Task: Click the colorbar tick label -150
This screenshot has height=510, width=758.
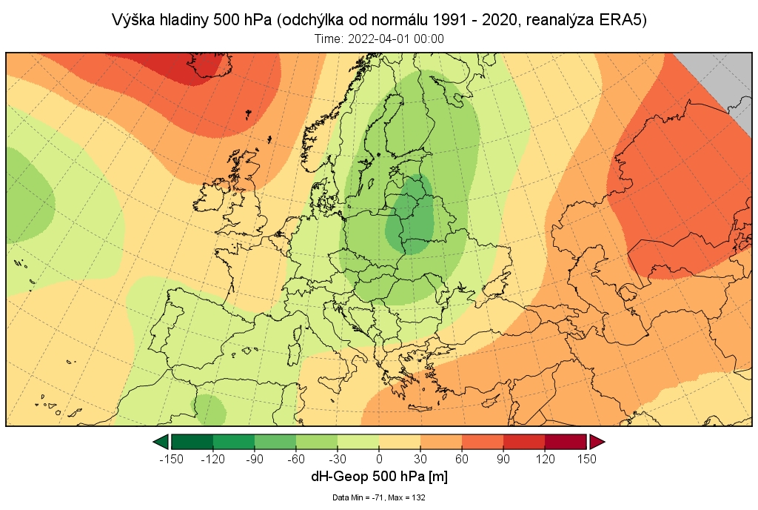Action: [171, 459]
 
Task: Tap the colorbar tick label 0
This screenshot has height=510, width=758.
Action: [379, 459]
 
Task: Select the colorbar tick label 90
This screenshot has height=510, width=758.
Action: [503, 459]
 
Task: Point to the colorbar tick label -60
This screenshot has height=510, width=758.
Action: [295, 459]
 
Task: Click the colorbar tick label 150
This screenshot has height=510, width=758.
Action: [586, 459]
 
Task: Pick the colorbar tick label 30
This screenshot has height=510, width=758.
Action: [420, 459]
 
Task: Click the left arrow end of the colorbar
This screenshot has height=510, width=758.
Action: [161, 443]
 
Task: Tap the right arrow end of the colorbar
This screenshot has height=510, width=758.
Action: [597, 443]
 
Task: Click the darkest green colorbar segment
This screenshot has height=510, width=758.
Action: [192, 443]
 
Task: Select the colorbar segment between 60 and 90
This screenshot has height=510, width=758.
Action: [483, 443]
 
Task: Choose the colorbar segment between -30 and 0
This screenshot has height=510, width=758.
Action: [358, 443]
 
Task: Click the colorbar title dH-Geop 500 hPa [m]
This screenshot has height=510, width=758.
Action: [379, 477]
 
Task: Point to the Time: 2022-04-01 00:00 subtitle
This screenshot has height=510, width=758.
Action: [379, 39]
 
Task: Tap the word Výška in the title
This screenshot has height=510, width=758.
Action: [132, 20]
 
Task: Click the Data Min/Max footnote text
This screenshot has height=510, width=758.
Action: [379, 497]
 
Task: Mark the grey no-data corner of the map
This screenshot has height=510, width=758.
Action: [722, 78]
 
